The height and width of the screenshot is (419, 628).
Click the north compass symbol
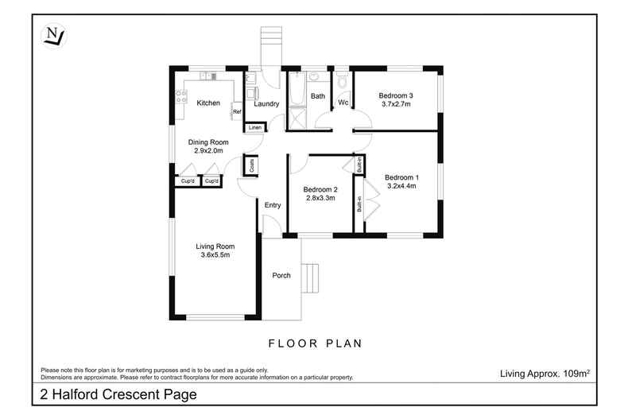[54, 35]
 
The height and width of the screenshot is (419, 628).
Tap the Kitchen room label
[208, 103]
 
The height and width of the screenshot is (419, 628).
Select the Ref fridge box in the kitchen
[237, 112]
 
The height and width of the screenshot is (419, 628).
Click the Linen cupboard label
[254, 127]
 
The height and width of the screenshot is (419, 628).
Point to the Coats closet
[251, 166]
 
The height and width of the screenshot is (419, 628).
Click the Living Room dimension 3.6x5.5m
[215, 256]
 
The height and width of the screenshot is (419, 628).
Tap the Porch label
[281, 276]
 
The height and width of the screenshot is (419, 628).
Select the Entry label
[273, 206]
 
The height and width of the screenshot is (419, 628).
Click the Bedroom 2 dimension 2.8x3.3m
[320, 198]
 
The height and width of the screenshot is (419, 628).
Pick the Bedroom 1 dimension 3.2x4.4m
[401, 186]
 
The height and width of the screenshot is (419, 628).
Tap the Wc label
[343, 103]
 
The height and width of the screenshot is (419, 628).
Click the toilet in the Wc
[342, 81]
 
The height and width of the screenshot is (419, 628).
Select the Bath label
[318, 96]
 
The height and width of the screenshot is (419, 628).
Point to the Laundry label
[266, 103]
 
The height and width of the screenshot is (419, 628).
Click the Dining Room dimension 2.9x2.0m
[208, 150]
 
